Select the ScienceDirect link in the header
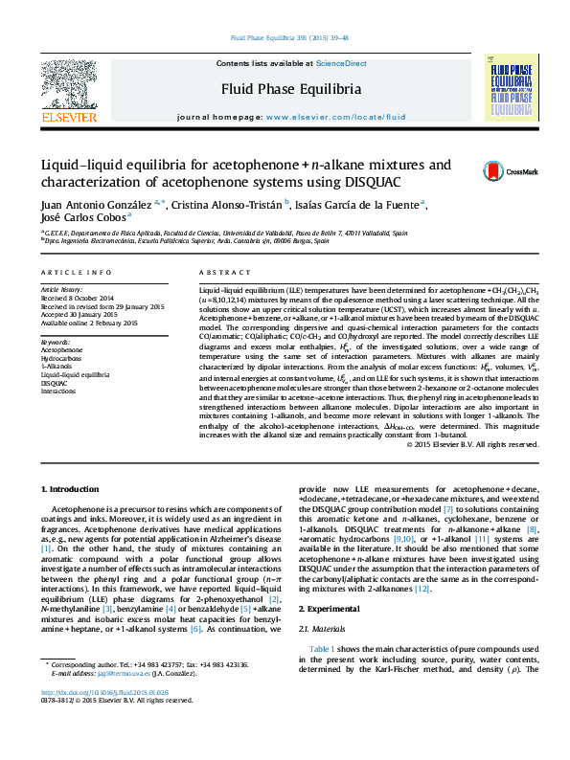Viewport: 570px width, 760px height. pyautogui.click(x=342, y=63)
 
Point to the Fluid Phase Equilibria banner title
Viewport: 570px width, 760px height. pyautogui.click(x=285, y=90)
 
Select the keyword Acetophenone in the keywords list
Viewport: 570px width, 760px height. pyautogui.click(x=62, y=350)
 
